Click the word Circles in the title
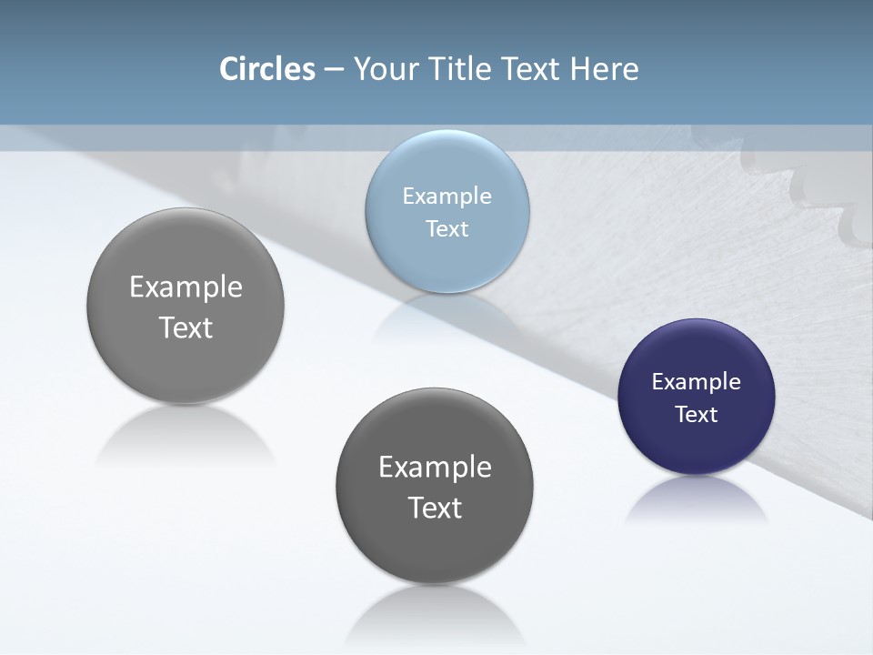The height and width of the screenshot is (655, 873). click(x=266, y=69)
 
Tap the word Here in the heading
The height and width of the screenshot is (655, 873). click(x=605, y=69)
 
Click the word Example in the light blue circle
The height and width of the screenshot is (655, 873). click(x=447, y=196)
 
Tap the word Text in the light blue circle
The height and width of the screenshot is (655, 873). click(x=447, y=229)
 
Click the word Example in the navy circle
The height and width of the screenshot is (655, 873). click(x=697, y=382)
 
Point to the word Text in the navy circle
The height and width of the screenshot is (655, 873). click(x=697, y=415)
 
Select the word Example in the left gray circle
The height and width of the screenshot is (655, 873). click(x=186, y=287)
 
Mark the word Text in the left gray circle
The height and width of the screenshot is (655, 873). click(x=186, y=327)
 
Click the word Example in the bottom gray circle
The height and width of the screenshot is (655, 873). click(x=435, y=468)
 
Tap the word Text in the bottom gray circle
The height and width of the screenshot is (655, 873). click(x=435, y=508)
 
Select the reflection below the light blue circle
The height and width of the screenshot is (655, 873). click(x=447, y=314)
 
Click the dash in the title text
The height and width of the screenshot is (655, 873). click(x=334, y=70)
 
